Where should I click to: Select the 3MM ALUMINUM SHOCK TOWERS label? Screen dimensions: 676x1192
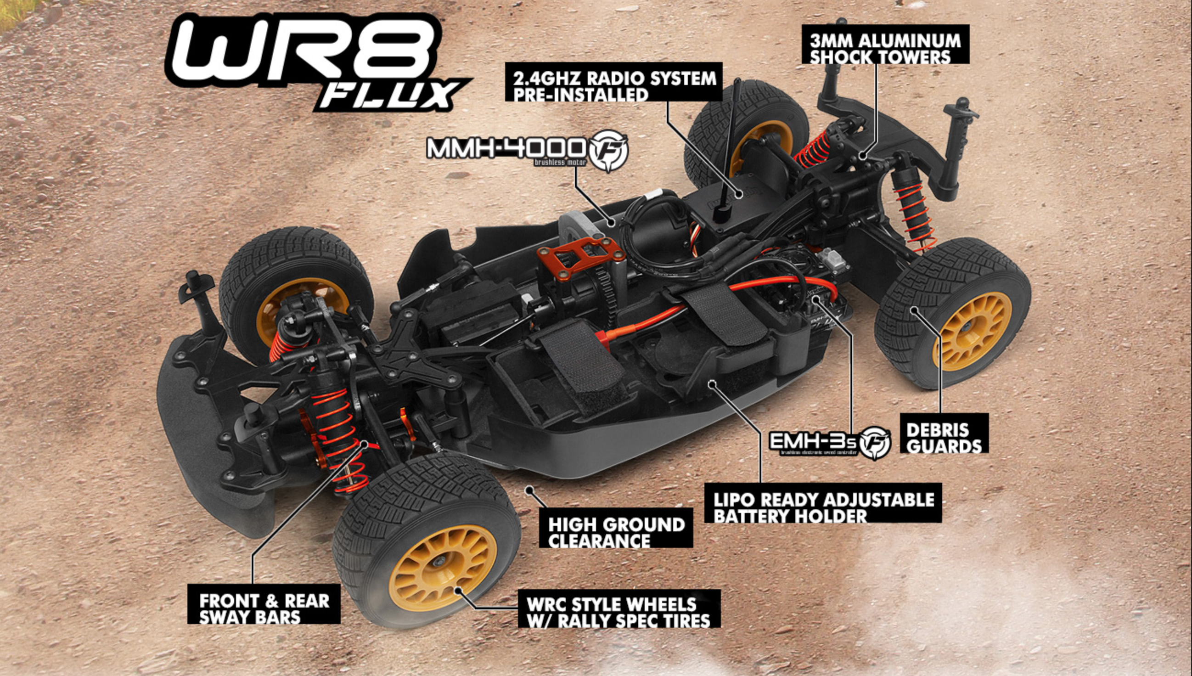tap(884, 48)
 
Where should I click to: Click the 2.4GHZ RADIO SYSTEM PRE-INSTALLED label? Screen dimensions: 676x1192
tap(613, 85)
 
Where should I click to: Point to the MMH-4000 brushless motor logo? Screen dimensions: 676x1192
tap(527, 150)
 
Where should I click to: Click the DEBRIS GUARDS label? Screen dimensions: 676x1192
tap(943, 437)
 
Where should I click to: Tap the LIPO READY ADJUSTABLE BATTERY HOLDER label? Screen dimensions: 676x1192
tap(822, 507)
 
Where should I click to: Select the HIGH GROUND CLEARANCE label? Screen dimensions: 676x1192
tap(615, 532)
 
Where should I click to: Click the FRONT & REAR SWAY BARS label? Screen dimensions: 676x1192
tap(263, 608)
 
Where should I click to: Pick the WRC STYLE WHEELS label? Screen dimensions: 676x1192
tap(618, 612)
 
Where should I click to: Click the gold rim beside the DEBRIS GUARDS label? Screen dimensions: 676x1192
tap(972, 331)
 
